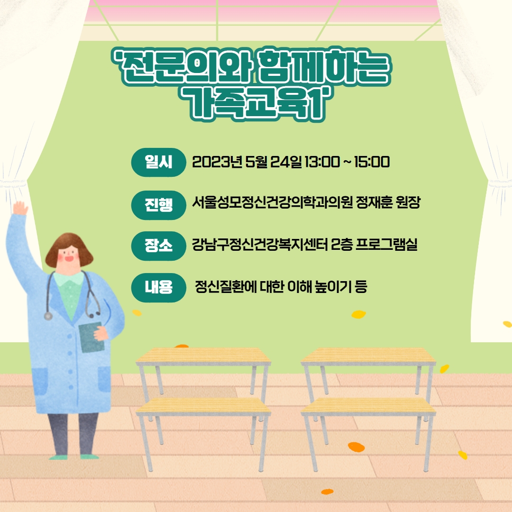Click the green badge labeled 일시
point(158,162)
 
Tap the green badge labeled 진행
point(158,205)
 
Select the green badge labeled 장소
point(158,246)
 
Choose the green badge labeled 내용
point(158,287)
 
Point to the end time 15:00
point(372,162)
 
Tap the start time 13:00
point(322,162)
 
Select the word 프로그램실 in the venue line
point(386,244)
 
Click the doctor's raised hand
point(20,208)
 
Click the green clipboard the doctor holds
point(91,338)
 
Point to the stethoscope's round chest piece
point(48,316)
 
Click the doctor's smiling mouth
point(69,259)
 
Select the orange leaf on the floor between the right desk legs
point(356,447)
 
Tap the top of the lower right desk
point(368,406)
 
